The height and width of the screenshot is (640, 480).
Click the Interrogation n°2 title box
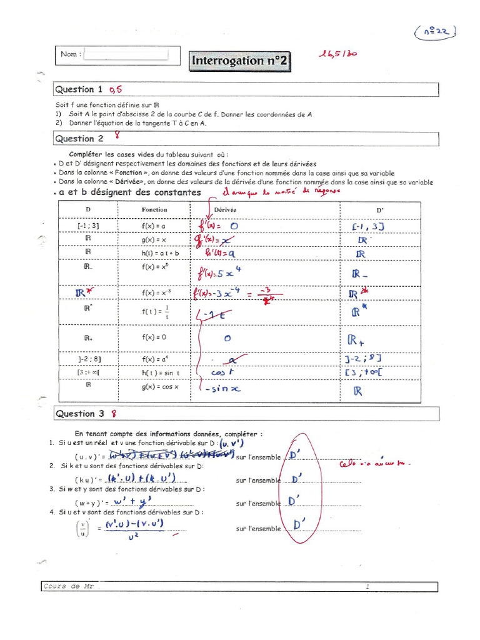coord(239,61)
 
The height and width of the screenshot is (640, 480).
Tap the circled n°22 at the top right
coord(435,32)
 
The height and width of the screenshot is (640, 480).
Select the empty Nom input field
coord(126,54)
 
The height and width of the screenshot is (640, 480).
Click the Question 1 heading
coord(79,89)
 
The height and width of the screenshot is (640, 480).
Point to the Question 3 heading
coord(80,414)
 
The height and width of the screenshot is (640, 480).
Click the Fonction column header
coord(154,209)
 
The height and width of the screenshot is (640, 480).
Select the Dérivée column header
coord(225,210)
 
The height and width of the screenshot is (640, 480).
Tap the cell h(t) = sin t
coord(156,372)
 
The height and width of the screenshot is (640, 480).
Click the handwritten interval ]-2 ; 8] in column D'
coord(362,358)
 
